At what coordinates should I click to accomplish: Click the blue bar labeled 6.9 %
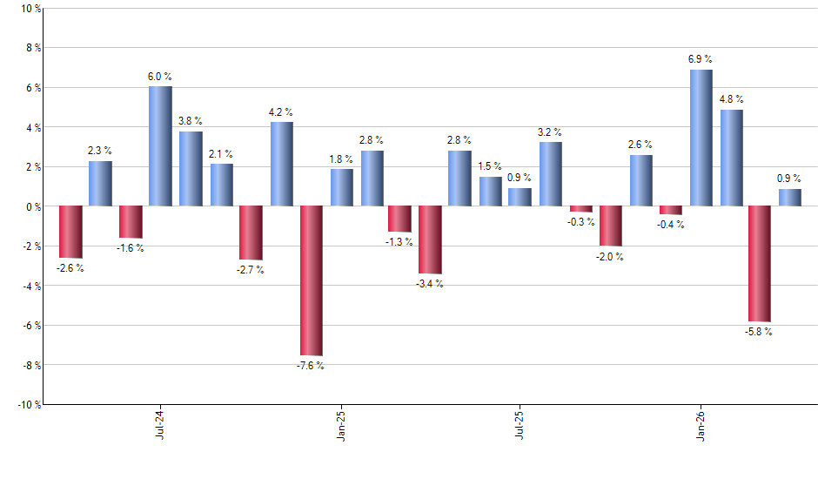(x=701, y=138)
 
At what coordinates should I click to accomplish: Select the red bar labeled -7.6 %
(x=311, y=280)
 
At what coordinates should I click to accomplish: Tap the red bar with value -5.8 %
(x=759, y=264)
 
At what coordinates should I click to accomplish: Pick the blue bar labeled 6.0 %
(x=160, y=146)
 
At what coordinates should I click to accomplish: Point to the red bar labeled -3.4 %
(x=430, y=240)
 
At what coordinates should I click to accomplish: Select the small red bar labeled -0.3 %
(x=581, y=209)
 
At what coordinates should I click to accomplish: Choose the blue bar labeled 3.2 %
(x=550, y=174)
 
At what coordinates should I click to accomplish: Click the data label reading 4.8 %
(x=731, y=98)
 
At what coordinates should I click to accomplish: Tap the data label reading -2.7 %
(x=251, y=270)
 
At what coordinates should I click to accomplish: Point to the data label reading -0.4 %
(x=671, y=225)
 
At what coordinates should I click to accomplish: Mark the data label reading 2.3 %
(x=100, y=151)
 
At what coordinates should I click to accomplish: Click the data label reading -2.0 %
(x=610, y=257)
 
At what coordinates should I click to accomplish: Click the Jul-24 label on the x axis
(x=160, y=424)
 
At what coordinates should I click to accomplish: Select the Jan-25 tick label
(x=341, y=424)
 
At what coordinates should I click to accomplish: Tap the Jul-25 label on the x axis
(x=520, y=424)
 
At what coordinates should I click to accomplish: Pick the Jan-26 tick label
(x=701, y=424)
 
